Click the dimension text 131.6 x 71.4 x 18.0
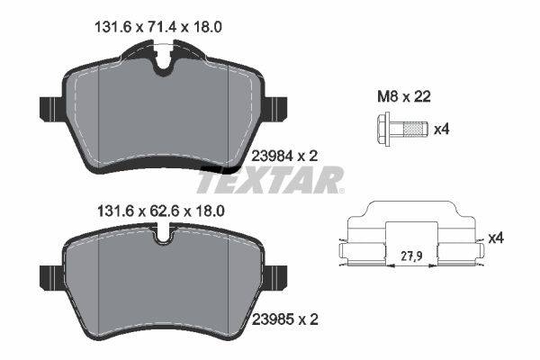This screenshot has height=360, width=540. click(158, 27)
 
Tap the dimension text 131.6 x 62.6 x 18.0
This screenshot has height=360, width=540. click(161, 211)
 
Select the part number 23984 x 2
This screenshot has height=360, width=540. click(285, 156)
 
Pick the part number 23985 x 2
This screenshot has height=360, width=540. click(285, 319)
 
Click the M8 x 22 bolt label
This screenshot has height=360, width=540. click(404, 97)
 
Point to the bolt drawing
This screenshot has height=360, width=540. click(402, 130)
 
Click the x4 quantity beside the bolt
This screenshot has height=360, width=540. click(442, 130)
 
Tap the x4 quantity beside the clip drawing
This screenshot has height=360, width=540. click(496, 238)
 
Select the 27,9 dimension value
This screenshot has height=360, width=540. click(412, 256)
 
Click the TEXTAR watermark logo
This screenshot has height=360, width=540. click(270, 179)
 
